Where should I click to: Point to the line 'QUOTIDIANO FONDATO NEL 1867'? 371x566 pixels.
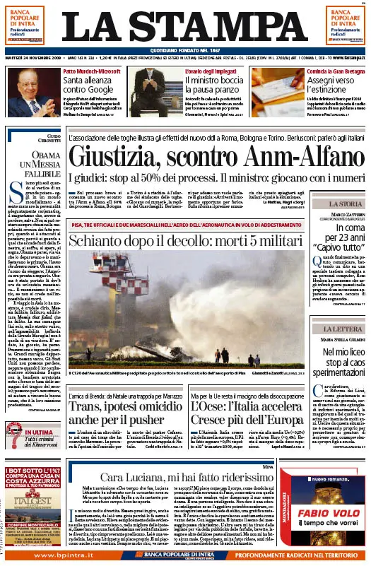(x=186, y=49)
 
